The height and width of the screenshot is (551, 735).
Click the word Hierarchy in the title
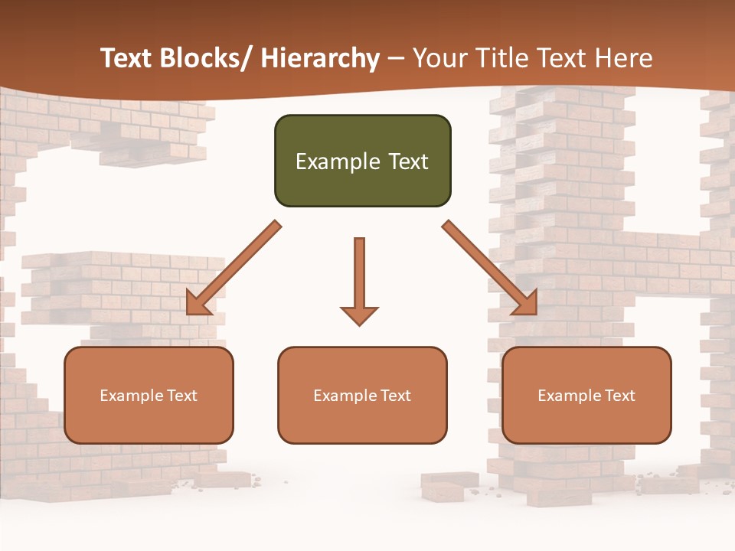pos(320,58)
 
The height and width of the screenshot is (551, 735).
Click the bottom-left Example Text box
pos(149,395)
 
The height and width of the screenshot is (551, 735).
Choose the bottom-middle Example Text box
pos(362,395)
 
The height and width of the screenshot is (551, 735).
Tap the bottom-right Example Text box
pos(586,395)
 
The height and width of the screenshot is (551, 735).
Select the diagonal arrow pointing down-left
pos(234,268)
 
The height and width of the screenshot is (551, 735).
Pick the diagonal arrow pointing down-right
pos(490,268)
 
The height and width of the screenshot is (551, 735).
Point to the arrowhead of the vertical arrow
pos(359,315)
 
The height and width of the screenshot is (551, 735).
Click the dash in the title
pos(396,58)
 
